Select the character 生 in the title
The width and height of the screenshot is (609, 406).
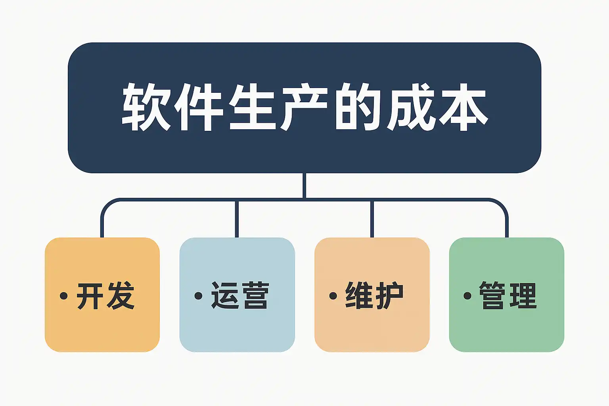pyautogui.click(x=253, y=107)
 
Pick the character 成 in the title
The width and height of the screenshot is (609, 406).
pyautogui.click(x=411, y=107)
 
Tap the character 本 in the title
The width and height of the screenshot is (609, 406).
pyautogui.click(x=463, y=107)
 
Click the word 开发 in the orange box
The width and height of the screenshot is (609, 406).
pyautogui.click(x=106, y=296)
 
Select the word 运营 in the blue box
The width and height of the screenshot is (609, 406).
pyautogui.click(x=240, y=296)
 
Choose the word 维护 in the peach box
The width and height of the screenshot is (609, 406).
pyautogui.click(x=374, y=296)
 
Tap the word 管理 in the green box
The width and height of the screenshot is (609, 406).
pyautogui.click(x=508, y=296)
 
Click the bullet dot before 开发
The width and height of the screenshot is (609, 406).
pyautogui.click(x=63, y=296)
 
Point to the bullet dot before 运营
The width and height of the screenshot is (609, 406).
pyautogui.click(x=198, y=296)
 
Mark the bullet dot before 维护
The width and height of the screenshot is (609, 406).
pyautogui.click(x=333, y=296)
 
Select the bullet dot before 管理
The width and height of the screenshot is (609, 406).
pyautogui.click(x=467, y=296)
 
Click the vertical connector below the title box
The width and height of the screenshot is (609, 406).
pyautogui.click(x=304, y=186)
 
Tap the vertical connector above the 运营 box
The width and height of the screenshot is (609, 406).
pyautogui.click(x=237, y=219)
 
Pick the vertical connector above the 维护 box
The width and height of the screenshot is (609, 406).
pyautogui.click(x=372, y=219)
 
